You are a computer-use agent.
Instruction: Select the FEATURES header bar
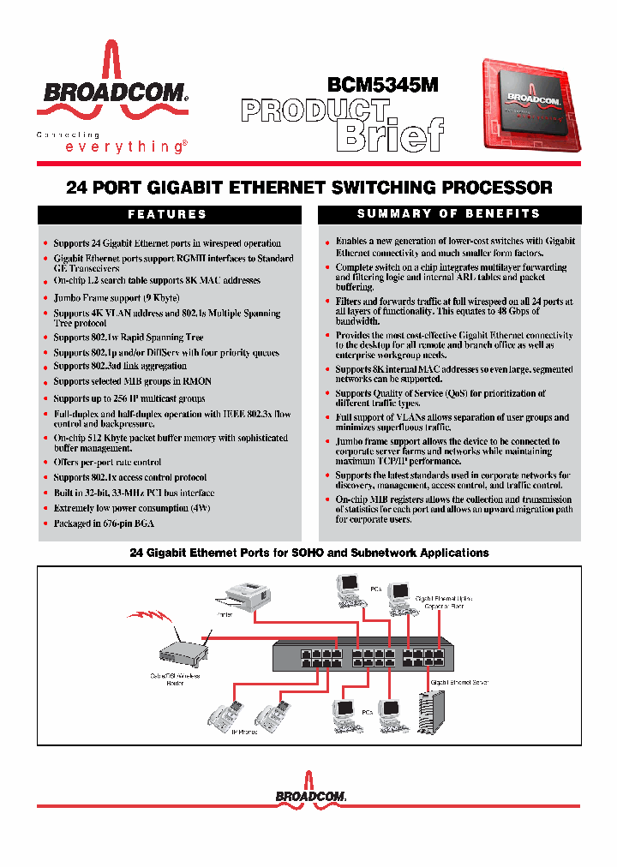168,214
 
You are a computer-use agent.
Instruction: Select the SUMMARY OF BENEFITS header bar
448,213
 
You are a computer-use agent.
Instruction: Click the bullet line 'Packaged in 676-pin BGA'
104,523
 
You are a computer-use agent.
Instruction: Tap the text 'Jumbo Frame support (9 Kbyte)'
116,297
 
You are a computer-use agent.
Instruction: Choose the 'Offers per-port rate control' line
107,462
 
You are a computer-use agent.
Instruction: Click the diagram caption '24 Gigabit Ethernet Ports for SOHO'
308,553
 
